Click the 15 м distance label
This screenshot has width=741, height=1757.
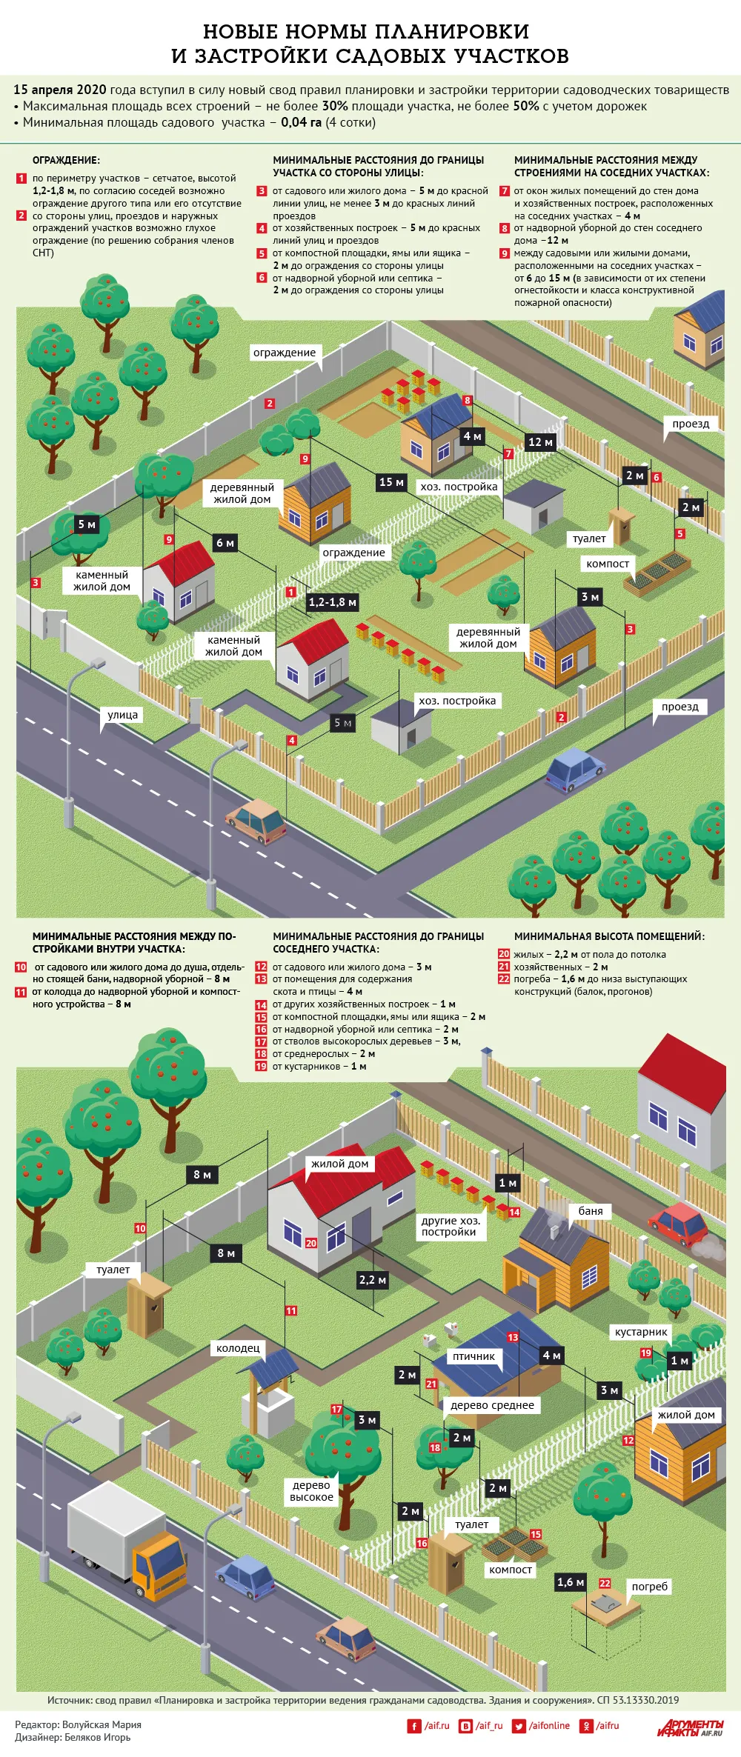pos(391,482)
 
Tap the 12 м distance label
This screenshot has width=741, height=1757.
pos(540,442)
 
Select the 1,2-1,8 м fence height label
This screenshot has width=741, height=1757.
pos(333,602)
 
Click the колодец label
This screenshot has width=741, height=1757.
pos(238,1348)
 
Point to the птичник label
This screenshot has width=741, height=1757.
pos(474,1356)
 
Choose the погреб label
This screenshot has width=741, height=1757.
pos(650,1586)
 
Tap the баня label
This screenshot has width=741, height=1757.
pos(591,1210)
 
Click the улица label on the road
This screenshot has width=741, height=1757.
pos(123,715)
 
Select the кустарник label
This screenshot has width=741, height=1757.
pos(641,1331)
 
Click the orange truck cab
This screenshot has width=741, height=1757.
pos(159,1564)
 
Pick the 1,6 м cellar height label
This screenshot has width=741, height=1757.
pos(571,1582)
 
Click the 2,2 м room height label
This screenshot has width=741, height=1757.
pos(372,1279)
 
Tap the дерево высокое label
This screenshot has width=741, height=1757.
pos(312,1490)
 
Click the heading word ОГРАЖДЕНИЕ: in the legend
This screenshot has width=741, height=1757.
pos(66,160)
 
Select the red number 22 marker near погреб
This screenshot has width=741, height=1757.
pos(605,1583)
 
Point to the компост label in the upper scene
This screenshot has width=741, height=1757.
pos(608,564)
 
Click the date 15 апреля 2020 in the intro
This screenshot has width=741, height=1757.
pos(60,90)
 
